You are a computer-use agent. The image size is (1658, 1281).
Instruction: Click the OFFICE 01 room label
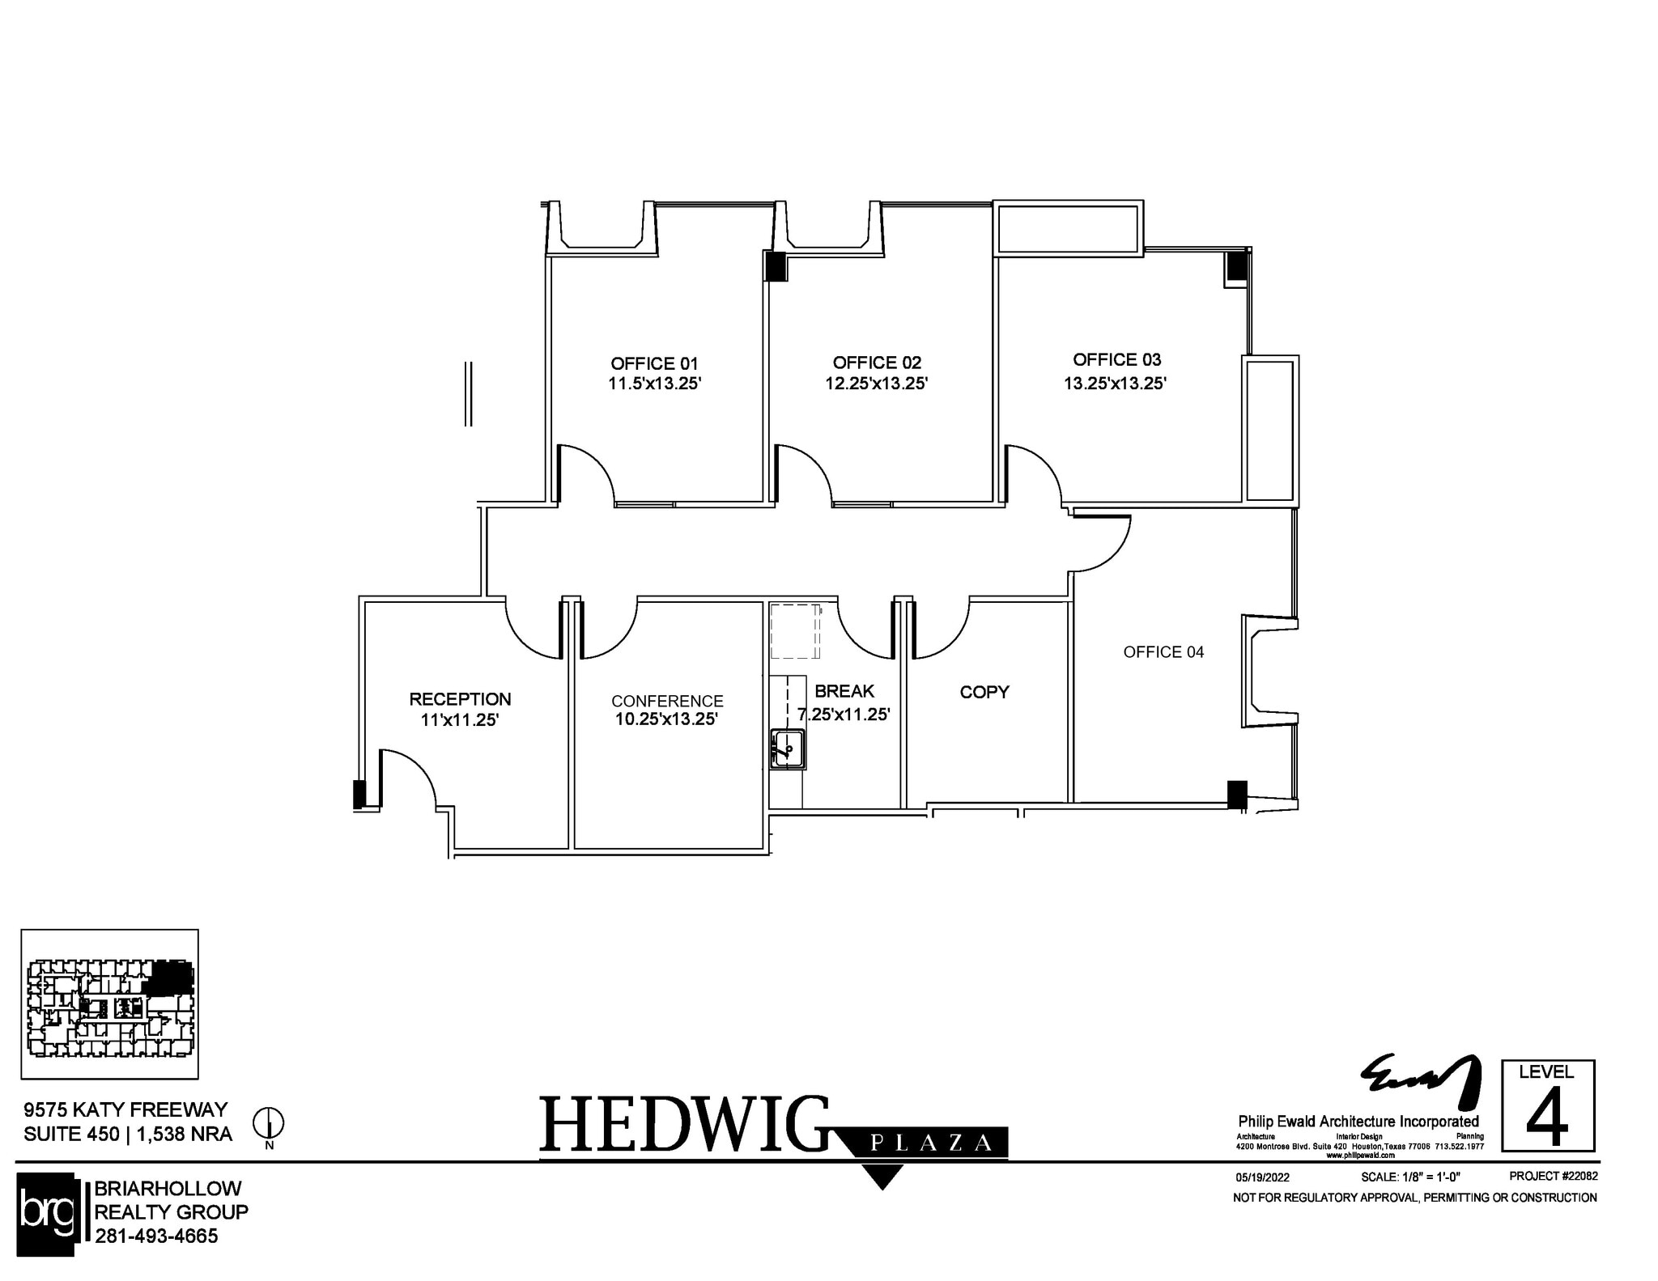click(654, 363)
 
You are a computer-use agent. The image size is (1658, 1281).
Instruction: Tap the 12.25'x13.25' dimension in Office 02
click(876, 384)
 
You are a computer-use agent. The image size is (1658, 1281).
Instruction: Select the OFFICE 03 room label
click(1116, 359)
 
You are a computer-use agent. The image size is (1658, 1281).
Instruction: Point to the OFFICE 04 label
click(1163, 652)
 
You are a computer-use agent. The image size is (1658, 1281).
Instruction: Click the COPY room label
click(984, 692)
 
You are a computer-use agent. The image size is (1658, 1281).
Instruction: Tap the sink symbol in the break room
click(786, 749)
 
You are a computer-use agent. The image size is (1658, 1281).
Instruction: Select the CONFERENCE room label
click(667, 701)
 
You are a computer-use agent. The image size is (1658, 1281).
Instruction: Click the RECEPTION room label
click(460, 699)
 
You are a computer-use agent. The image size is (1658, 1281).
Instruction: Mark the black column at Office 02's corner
click(776, 266)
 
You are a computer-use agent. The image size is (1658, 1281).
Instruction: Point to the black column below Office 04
click(1236, 794)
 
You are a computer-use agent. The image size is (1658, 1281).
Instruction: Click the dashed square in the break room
click(795, 632)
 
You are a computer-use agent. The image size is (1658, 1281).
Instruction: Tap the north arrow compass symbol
click(269, 1122)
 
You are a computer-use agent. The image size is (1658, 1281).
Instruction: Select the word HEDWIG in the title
click(684, 1124)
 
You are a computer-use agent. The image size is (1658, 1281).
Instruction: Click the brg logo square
click(46, 1213)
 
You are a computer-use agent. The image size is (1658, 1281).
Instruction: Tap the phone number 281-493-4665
click(156, 1236)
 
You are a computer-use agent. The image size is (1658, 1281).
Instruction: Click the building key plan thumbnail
click(109, 1004)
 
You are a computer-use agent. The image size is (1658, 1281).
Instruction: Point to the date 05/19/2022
click(1262, 1177)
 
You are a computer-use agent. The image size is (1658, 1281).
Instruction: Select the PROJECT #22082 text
click(1553, 1176)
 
